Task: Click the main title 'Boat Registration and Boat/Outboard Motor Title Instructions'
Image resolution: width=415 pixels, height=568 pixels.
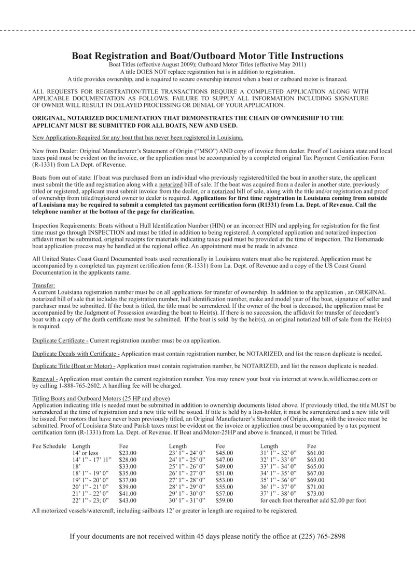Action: [x=207, y=56]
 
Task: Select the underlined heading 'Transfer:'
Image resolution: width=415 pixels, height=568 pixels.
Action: [x=44, y=285]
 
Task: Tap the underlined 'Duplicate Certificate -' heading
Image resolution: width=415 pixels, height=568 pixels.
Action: [x=60, y=340]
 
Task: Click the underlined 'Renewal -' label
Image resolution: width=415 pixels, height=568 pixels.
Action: [x=45, y=379]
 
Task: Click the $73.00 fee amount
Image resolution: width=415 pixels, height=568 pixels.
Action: [x=315, y=493]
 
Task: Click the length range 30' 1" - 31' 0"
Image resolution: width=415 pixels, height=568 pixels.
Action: [x=187, y=501]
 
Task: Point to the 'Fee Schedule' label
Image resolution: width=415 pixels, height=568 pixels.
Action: [x=49, y=445]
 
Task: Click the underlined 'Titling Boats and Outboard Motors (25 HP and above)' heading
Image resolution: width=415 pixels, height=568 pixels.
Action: [x=101, y=398]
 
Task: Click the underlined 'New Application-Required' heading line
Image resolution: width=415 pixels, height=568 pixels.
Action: [x=137, y=138]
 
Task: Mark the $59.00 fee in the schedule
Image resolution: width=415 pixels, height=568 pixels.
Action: [x=224, y=501]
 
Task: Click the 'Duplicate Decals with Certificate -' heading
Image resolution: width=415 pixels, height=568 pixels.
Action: [x=76, y=354]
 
